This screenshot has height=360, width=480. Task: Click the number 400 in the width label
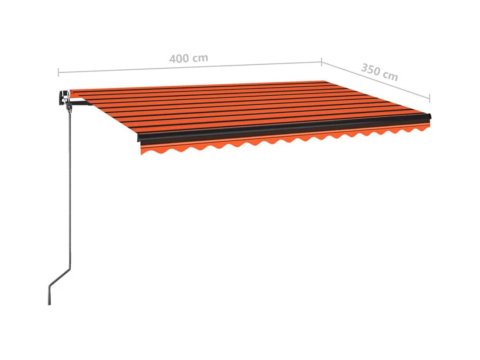click(178, 58)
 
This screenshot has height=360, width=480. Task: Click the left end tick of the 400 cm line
click(58, 72)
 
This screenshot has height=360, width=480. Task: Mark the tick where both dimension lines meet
click(321, 62)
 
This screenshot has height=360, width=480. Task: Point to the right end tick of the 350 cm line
click(430, 98)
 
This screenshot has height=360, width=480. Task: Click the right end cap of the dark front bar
click(430, 116)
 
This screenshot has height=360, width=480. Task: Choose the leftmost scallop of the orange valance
click(146, 150)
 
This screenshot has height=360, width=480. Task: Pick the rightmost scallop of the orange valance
click(423, 128)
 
